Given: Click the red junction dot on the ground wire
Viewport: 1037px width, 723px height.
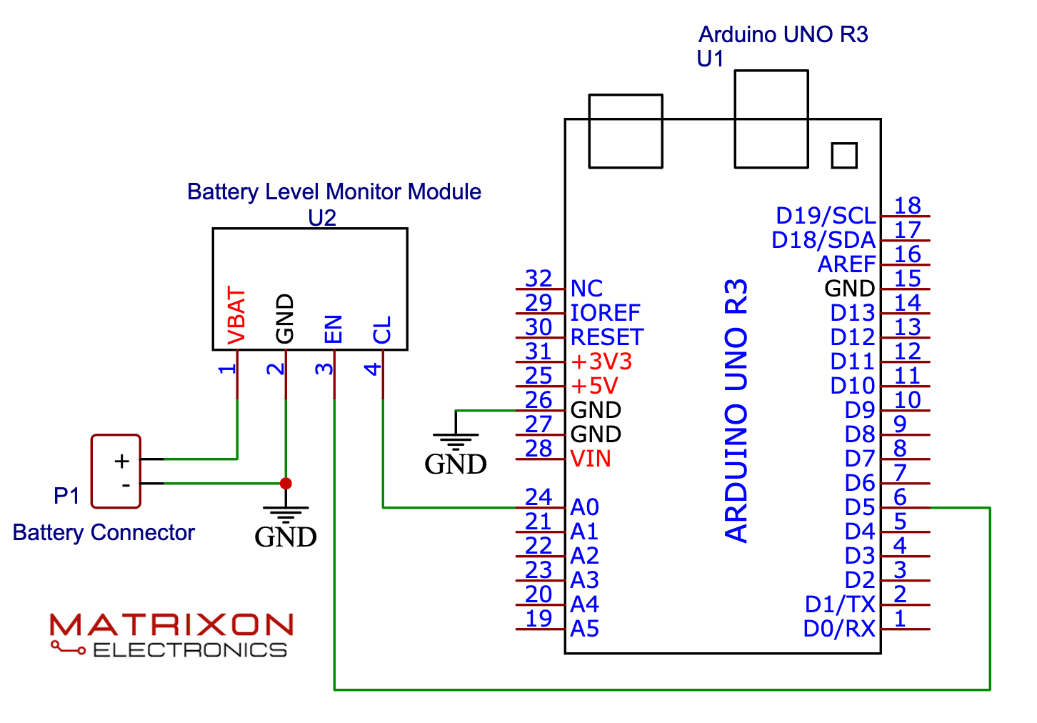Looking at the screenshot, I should [x=286, y=484].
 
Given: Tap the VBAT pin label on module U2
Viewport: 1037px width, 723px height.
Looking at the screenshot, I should [x=236, y=316].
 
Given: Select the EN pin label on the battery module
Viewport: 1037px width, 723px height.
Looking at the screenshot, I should [x=334, y=329].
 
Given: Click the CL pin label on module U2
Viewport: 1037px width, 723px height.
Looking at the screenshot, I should [x=382, y=331].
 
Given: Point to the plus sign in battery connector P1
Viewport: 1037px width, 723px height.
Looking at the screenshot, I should [x=122, y=461].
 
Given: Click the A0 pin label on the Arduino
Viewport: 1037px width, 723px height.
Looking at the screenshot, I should [x=584, y=507].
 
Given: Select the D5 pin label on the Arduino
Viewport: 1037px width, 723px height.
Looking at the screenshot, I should [x=859, y=507].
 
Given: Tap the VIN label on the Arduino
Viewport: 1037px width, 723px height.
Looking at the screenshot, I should [x=591, y=459].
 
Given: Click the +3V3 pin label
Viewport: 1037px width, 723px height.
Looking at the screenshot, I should [x=601, y=361].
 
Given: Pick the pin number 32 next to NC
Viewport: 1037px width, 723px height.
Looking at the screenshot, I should [x=538, y=278].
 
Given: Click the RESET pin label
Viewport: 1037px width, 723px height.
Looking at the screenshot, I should [x=606, y=337].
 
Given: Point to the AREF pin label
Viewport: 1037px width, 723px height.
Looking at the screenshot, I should [x=846, y=264].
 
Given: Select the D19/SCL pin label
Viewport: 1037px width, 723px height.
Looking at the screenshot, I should [x=826, y=216].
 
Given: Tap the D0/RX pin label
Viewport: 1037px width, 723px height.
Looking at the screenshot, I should [x=839, y=629].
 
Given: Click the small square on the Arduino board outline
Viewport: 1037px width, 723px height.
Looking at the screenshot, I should [x=844, y=155].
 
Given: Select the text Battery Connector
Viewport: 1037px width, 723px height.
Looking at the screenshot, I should [x=104, y=532].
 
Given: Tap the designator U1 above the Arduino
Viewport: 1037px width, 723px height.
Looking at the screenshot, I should [x=710, y=59].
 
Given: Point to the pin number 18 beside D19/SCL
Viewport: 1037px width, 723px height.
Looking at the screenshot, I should [x=907, y=205].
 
